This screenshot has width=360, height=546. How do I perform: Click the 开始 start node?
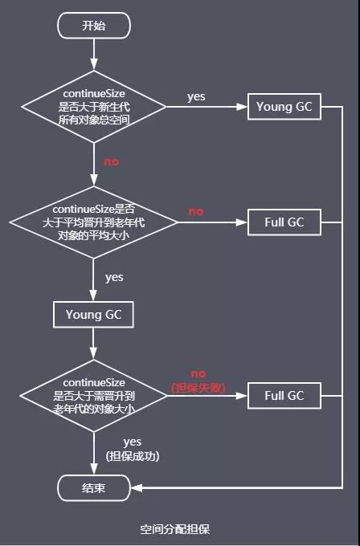(x=94, y=25)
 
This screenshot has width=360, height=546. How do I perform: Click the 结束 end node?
(x=94, y=487)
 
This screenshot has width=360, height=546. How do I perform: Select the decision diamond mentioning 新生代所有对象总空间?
(x=94, y=108)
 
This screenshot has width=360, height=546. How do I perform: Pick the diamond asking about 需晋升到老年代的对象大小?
(x=94, y=395)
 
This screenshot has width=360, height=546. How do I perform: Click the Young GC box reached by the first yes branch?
(x=284, y=107)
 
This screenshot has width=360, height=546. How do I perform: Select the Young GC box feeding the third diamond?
(x=94, y=315)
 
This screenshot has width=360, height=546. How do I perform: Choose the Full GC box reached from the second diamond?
(x=284, y=222)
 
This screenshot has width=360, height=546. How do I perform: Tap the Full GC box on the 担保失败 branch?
(x=284, y=395)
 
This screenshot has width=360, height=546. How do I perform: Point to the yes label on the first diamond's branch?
(x=196, y=96)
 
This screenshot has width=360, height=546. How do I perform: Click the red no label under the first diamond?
(x=112, y=161)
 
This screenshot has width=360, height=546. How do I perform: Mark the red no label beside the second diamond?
(x=196, y=211)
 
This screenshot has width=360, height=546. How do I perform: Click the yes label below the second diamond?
(x=114, y=277)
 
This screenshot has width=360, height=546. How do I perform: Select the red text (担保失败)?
(x=198, y=388)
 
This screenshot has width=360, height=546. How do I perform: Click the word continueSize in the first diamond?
(x=94, y=93)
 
